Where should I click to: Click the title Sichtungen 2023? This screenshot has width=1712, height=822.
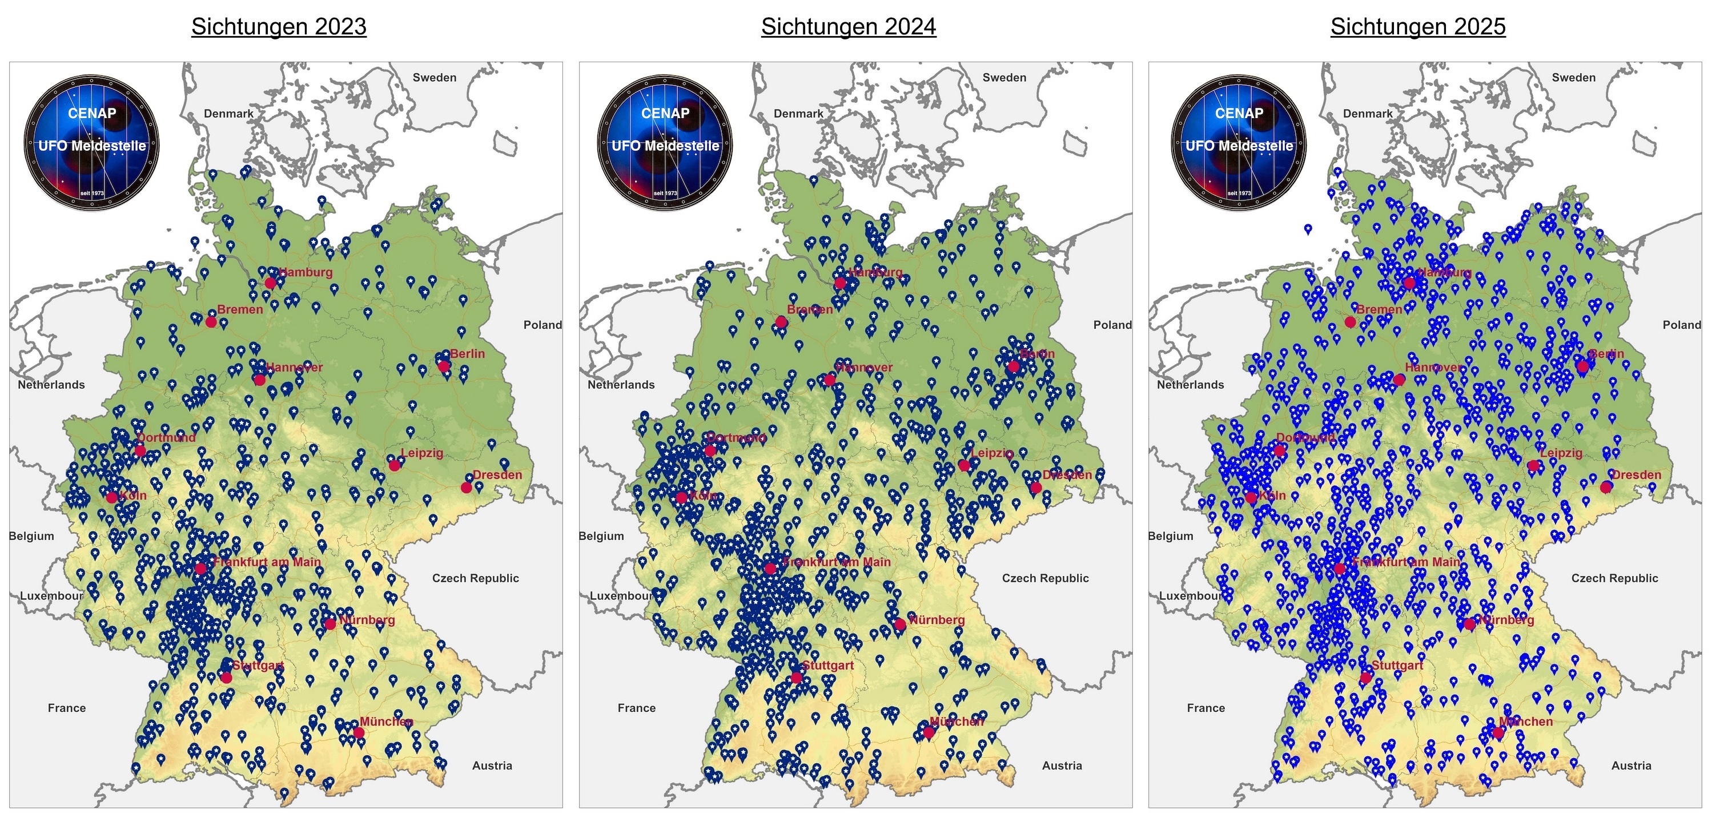279,27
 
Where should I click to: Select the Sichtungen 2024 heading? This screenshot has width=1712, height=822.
848,27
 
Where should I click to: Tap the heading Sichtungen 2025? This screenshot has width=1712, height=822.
1417,27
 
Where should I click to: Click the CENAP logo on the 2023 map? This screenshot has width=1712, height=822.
92,142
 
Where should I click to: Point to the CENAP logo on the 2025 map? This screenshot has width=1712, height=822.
1239,142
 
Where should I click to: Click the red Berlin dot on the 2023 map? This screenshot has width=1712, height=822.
444,366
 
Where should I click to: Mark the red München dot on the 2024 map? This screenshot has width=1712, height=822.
929,732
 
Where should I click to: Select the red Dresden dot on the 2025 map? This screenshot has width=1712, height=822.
1606,487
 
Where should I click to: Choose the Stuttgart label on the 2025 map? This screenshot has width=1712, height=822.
1397,665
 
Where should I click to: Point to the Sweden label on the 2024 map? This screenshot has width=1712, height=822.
1004,78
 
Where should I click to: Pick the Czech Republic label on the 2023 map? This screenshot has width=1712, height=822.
475,578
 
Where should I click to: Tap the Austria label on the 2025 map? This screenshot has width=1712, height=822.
1631,765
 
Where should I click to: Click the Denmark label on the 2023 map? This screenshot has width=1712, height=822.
228,114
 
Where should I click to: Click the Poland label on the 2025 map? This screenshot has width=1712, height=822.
1681,325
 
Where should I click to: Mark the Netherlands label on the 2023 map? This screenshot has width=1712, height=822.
51,385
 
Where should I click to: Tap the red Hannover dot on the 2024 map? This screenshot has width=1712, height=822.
829,380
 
